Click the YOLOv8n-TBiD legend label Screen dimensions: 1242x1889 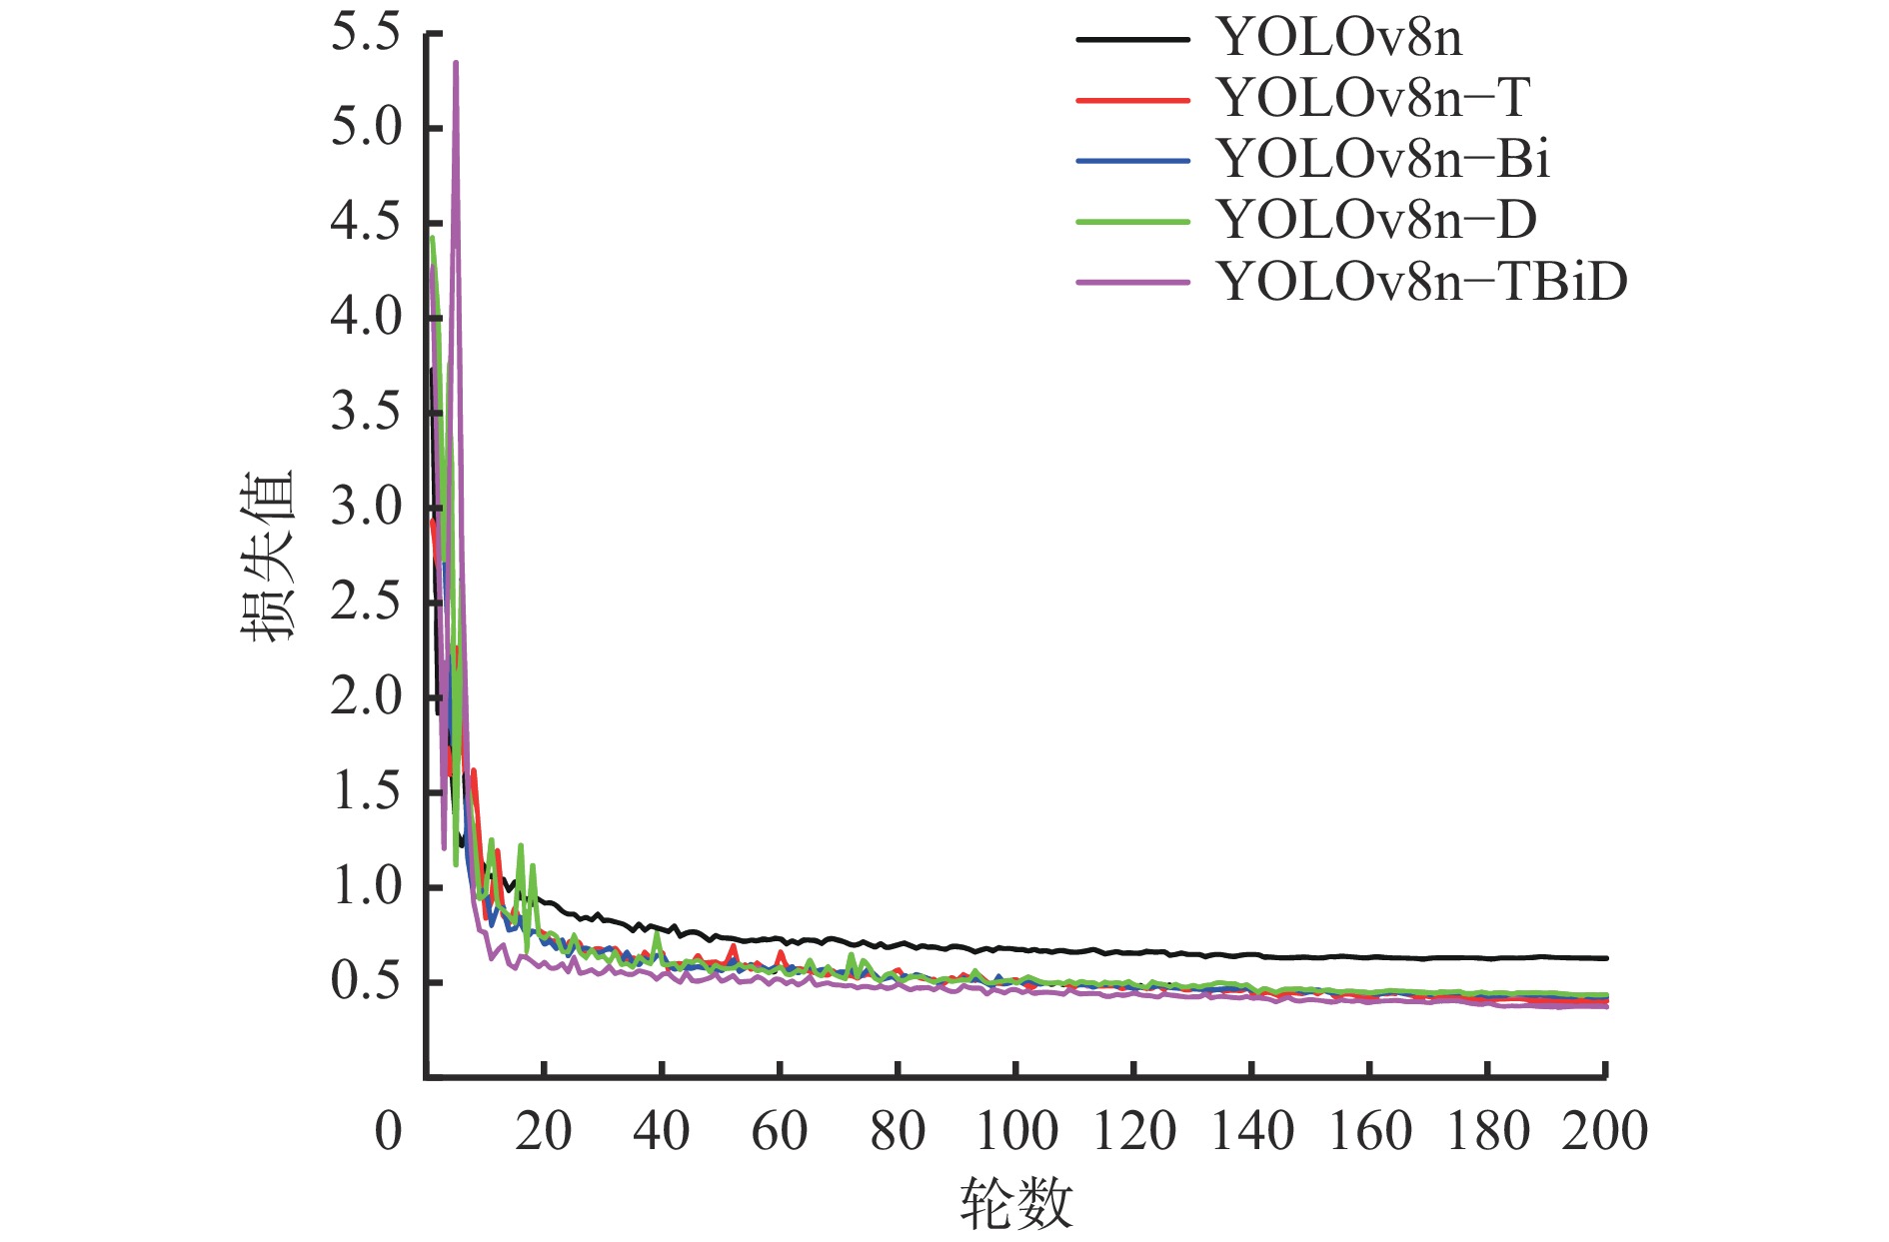tap(1422, 282)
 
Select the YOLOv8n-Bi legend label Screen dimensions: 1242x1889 tap(1383, 160)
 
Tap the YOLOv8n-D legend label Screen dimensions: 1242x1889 tap(1376, 221)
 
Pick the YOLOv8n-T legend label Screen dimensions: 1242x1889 tap(1373, 99)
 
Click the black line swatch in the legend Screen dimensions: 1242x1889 tap(1133, 40)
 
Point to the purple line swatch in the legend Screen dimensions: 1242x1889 tap(1133, 283)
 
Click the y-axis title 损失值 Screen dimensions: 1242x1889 tap(268, 556)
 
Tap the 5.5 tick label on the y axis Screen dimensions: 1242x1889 tap(366, 33)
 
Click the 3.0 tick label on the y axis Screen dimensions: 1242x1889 tap(366, 508)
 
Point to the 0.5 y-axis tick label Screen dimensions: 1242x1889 tap(366, 982)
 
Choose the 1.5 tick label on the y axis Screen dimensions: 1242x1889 tap(366, 792)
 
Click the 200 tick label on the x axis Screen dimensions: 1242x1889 tap(1605, 1132)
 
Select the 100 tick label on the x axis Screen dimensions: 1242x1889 tap(1015, 1132)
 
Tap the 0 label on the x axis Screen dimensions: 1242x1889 tap(389, 1132)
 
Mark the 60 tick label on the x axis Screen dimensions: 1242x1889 tap(780, 1132)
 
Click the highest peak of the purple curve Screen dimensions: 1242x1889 tap(456, 63)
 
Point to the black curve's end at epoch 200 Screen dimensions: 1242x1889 tap(1605, 958)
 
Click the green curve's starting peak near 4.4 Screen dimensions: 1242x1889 tap(432, 238)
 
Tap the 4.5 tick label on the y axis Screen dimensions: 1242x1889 tap(366, 223)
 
